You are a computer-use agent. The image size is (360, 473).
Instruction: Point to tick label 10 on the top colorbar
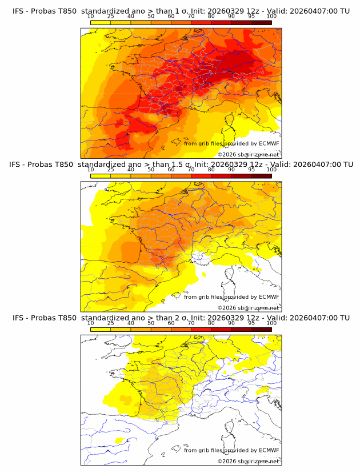pos(90,17)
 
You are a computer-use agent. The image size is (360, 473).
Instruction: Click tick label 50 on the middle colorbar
pos(151,170)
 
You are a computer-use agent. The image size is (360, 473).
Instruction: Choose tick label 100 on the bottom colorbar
pos(271,323)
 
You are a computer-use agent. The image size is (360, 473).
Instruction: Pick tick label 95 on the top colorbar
pos(251,17)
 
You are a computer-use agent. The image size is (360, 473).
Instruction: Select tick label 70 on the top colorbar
pos(191,17)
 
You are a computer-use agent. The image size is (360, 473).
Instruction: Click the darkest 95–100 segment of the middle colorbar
pos(261,175)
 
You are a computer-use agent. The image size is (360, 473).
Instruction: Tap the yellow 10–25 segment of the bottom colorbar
pos(101,329)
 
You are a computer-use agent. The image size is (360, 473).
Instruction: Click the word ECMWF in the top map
pos(269,143)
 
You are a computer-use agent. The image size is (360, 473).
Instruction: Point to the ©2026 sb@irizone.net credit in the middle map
pos(249,308)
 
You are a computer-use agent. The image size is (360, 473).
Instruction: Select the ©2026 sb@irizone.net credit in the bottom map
pos(249,461)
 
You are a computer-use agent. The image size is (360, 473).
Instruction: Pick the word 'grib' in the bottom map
pos(211,450)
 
